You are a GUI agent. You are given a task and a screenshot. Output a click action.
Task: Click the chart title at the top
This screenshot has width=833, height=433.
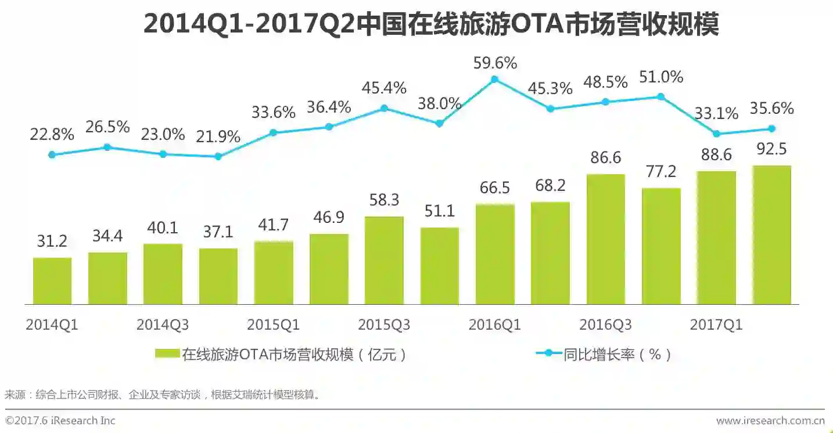(430, 24)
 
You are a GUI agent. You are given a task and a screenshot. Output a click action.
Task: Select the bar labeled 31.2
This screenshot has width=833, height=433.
(52, 281)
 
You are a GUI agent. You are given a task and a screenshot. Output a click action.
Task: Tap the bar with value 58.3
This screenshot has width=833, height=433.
(384, 261)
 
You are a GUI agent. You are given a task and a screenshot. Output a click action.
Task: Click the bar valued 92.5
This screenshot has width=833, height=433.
(771, 235)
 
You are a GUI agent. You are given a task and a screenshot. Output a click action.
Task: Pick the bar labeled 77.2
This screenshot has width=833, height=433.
(661, 246)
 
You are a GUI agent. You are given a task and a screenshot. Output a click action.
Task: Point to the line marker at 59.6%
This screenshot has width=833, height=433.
(494, 80)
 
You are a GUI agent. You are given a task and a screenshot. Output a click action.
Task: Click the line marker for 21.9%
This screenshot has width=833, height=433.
(218, 156)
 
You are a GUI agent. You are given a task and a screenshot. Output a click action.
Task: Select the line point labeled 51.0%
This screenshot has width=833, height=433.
(660, 96)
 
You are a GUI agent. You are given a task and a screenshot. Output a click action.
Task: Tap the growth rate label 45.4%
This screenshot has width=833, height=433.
(384, 88)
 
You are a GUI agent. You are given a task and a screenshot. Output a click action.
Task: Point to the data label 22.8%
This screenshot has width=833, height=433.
(52, 135)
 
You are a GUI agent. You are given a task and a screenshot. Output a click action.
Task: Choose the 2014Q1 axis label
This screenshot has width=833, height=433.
(52, 325)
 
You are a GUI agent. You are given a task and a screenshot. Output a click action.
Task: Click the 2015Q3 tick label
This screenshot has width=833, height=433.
(384, 325)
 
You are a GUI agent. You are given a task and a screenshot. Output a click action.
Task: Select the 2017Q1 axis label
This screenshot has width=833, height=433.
(716, 325)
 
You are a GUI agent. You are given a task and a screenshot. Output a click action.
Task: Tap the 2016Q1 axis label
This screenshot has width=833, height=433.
(495, 325)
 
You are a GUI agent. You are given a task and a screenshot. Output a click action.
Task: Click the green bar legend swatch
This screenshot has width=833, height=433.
(168, 353)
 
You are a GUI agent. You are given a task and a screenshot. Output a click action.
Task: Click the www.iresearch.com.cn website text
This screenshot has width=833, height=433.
(770, 421)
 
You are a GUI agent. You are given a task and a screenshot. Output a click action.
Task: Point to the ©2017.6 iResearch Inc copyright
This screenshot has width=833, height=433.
(60, 421)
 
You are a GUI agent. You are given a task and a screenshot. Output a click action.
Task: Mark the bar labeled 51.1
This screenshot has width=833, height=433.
(439, 266)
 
